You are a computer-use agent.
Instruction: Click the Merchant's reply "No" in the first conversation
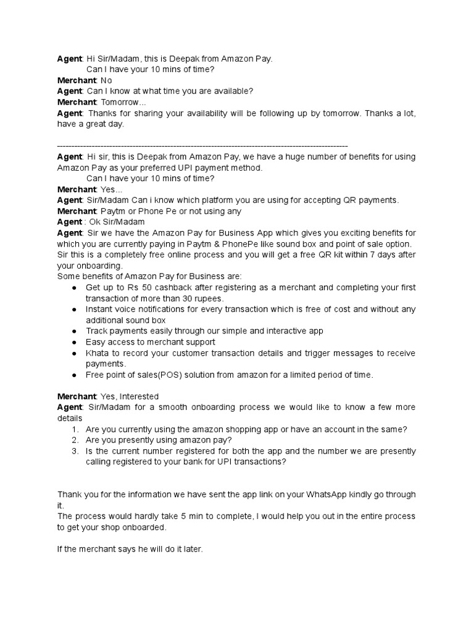point(106,80)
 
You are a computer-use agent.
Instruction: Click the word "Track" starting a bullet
point(97,331)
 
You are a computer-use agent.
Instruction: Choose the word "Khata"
point(98,353)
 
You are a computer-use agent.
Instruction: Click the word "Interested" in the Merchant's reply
point(139,396)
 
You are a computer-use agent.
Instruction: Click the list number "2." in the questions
point(75,440)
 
